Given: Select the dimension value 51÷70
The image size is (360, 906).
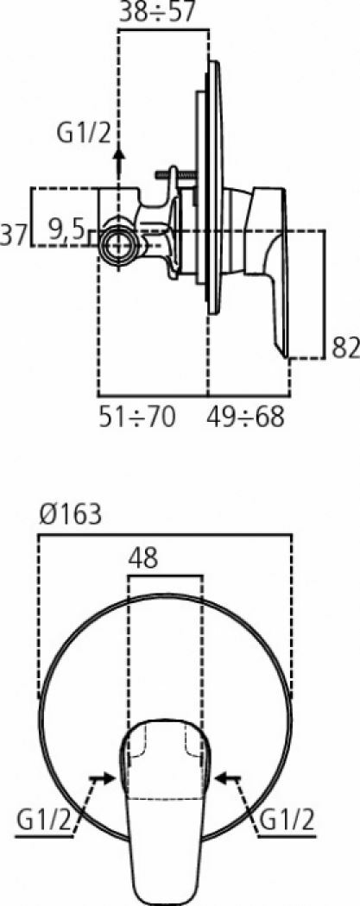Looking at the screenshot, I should [137, 418].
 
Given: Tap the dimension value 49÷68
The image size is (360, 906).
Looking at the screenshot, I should [246, 418].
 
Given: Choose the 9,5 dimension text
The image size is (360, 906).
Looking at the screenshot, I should [66, 230].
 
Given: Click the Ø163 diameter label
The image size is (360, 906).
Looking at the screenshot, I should [69, 514].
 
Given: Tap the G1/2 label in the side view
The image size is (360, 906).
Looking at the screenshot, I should [83, 135].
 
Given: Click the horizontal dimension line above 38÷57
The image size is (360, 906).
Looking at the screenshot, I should [164, 29].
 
